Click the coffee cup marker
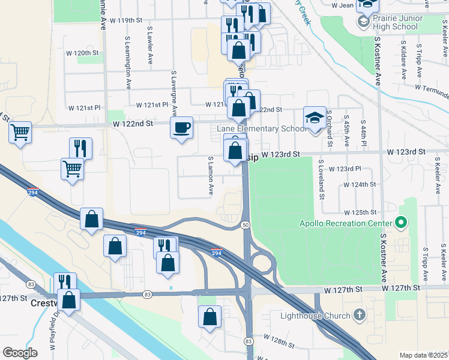click(x=181, y=128)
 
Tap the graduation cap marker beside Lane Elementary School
click(x=314, y=118)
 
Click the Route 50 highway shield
click(x=246, y=224)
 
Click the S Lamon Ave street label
click(x=211, y=176)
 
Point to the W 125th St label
click(x=360, y=212)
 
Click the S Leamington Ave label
click(x=128, y=62)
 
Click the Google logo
click(x=20, y=353)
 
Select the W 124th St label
click(x=360, y=184)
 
